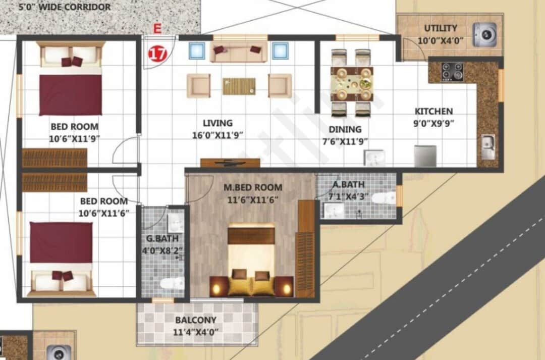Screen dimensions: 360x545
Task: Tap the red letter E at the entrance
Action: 157,29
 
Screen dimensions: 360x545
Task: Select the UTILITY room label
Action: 441,28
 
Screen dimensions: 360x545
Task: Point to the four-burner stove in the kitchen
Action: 452,72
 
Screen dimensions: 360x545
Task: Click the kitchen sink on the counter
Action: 487,147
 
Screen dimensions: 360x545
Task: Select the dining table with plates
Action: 352,83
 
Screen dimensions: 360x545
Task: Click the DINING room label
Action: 345,129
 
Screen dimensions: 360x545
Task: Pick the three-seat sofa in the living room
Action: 238,52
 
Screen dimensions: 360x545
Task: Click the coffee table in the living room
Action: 239,86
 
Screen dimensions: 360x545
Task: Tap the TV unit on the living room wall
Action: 230,163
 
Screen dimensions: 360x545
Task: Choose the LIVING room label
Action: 217,123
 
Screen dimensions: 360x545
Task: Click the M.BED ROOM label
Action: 253,188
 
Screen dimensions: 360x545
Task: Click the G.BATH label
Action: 162,238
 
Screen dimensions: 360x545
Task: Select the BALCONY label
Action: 196,320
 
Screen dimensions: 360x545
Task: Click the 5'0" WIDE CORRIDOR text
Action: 64,7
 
